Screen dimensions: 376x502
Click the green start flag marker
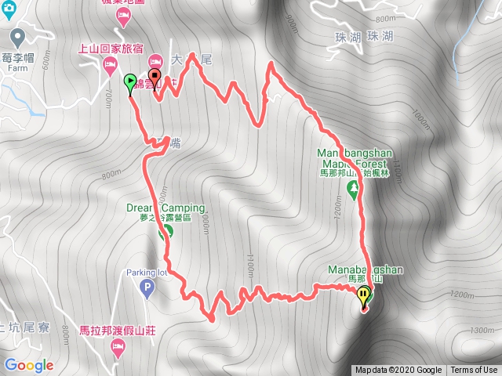[129, 80]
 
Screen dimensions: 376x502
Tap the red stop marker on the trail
[155, 78]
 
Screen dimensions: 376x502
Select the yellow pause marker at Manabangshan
[363, 295]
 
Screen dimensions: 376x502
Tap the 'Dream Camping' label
[166, 208]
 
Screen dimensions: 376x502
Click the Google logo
[28, 365]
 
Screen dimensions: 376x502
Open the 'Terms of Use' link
[474, 371]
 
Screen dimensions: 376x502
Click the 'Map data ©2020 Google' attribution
[398, 371]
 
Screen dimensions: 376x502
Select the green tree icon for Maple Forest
[353, 188]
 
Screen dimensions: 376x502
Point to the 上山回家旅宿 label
[110, 49]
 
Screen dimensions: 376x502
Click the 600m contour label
[46, 62]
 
